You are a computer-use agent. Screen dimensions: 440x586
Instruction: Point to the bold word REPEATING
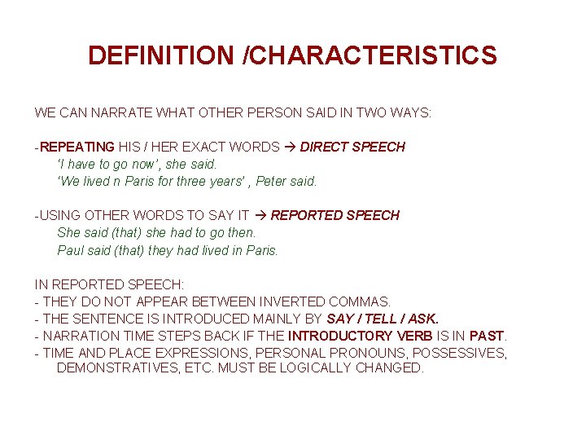click(77, 147)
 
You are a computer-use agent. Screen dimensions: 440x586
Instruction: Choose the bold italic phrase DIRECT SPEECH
click(352, 147)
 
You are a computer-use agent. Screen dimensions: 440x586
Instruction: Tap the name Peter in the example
click(272, 181)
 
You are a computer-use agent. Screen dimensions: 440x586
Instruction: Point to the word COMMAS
click(361, 301)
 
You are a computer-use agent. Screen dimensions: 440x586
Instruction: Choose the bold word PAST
click(488, 336)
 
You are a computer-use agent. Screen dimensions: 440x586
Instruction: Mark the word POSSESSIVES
click(459, 353)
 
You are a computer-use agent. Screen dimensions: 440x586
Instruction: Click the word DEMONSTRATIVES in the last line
click(114, 368)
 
